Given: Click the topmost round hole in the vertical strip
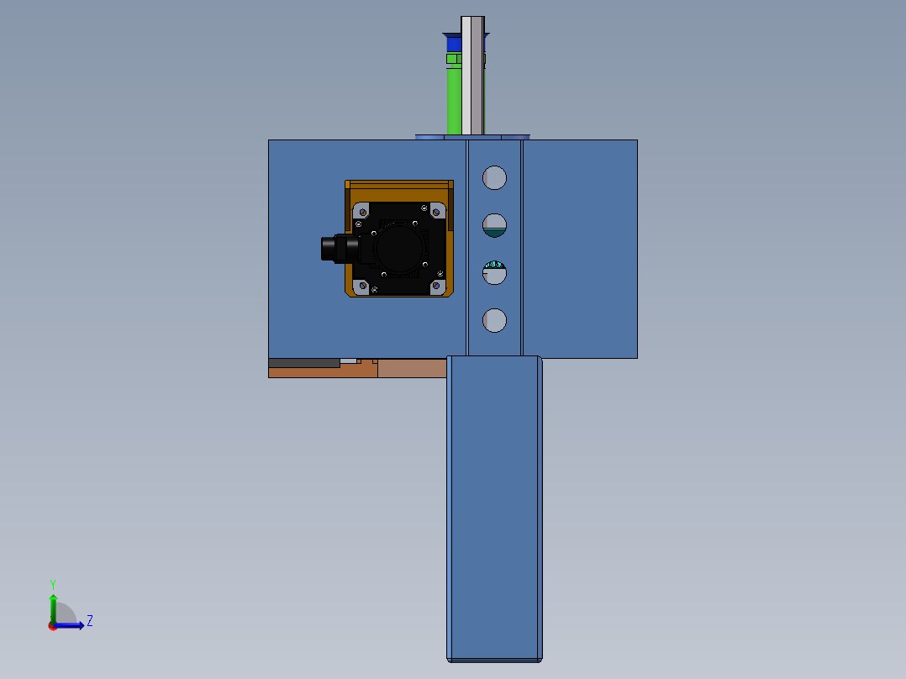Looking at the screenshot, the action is [x=494, y=178].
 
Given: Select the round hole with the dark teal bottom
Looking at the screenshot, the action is [x=494, y=225].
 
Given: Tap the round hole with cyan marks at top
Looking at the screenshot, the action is [x=494, y=273].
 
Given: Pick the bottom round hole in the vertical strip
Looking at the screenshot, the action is [x=494, y=320].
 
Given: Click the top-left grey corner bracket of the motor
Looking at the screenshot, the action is [x=361, y=211].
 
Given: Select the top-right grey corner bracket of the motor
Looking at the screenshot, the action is [x=437, y=211].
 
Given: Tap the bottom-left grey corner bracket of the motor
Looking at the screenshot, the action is [x=361, y=287].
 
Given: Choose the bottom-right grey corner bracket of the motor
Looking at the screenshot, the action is [x=437, y=287].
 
